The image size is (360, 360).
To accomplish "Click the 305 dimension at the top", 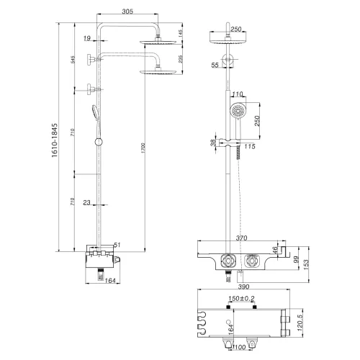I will click(127, 12).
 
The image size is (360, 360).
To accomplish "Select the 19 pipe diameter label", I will click(86, 38).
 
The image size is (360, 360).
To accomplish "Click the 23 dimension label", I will click(86, 203).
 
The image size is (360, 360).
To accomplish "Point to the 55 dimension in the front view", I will click(215, 65).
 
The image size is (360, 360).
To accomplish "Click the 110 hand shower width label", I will click(239, 94).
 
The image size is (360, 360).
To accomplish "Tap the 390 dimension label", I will click(243, 286).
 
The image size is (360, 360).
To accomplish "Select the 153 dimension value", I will click(307, 263).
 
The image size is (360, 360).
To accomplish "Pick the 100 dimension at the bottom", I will click(240, 349).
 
